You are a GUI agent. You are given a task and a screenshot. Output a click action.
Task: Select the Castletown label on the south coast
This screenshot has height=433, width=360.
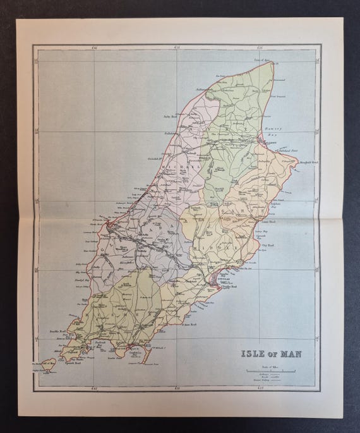point(119,348)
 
